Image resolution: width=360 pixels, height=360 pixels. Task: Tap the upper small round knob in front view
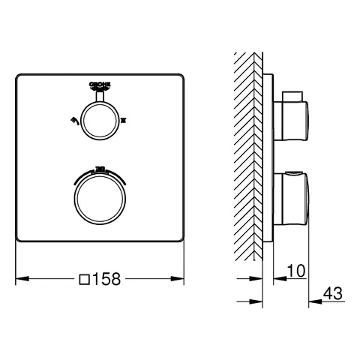click(x=99, y=120)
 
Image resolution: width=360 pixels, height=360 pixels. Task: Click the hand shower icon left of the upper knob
click(x=72, y=120)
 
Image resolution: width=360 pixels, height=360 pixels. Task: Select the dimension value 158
click(x=112, y=278)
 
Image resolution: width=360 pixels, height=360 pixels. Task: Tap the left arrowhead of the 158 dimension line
click(x=20, y=278)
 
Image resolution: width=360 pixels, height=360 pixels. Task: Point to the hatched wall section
click(x=248, y=150)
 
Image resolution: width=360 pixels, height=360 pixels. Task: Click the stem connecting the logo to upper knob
click(x=99, y=97)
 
